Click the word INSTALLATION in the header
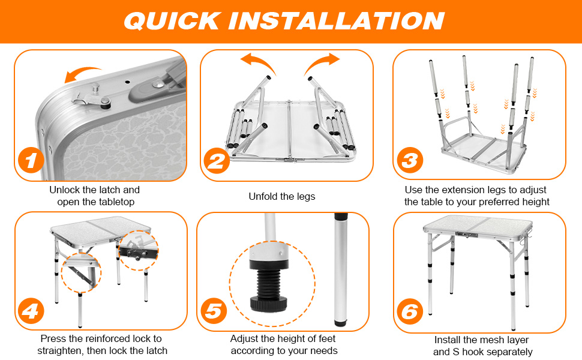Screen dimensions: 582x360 pos(336,21)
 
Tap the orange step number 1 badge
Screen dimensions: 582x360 pos(31,160)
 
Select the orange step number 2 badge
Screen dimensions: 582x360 pos(217,161)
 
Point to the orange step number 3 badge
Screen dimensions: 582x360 pos(410,160)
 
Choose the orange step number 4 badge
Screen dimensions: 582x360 pos(31,311)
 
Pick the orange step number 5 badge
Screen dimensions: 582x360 pos(214,311)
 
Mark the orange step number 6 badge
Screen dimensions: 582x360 pos(410,311)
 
